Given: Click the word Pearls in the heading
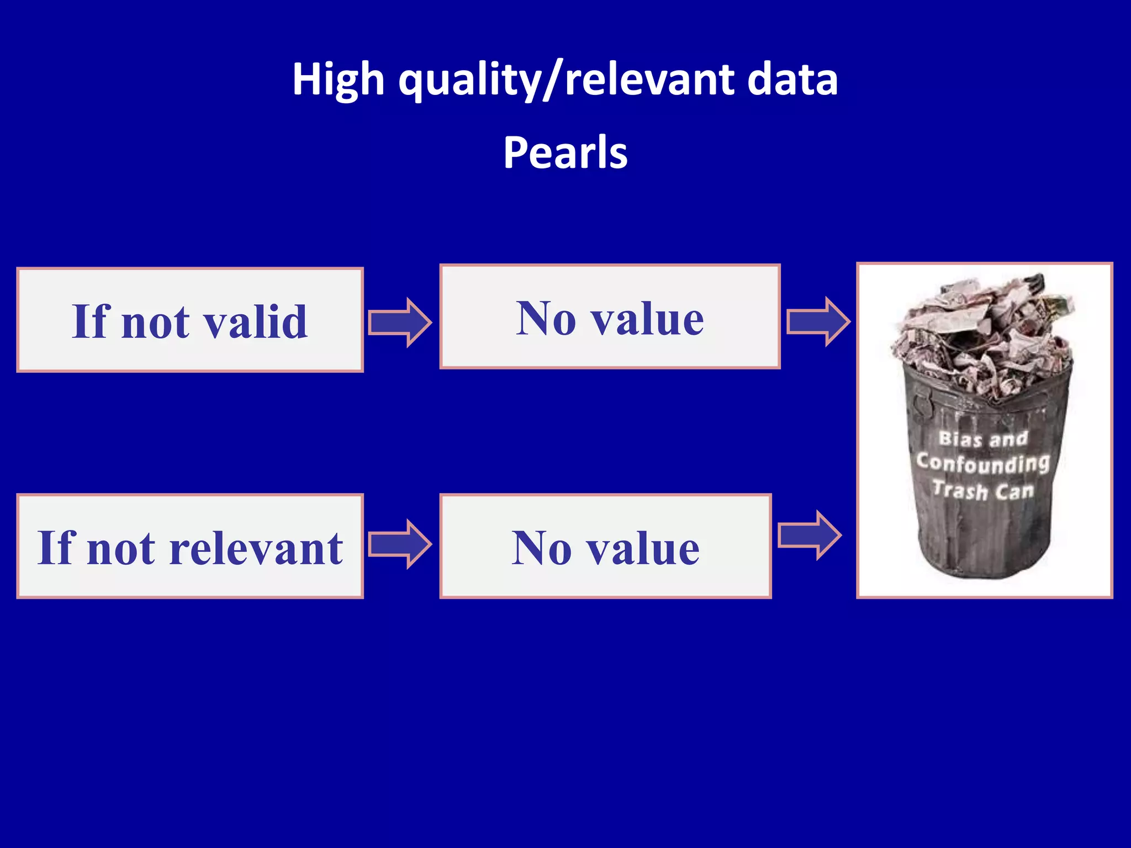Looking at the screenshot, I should (565, 152).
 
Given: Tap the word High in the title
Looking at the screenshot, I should (338, 80).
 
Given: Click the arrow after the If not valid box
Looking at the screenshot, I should (400, 322).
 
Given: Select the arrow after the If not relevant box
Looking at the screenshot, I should (400, 544).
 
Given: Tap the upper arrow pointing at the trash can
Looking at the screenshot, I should (818, 321).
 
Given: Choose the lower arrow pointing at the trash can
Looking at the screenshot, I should (810, 535).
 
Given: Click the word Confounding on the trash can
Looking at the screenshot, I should (983, 463).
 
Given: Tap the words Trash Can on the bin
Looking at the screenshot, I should (983, 490).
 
